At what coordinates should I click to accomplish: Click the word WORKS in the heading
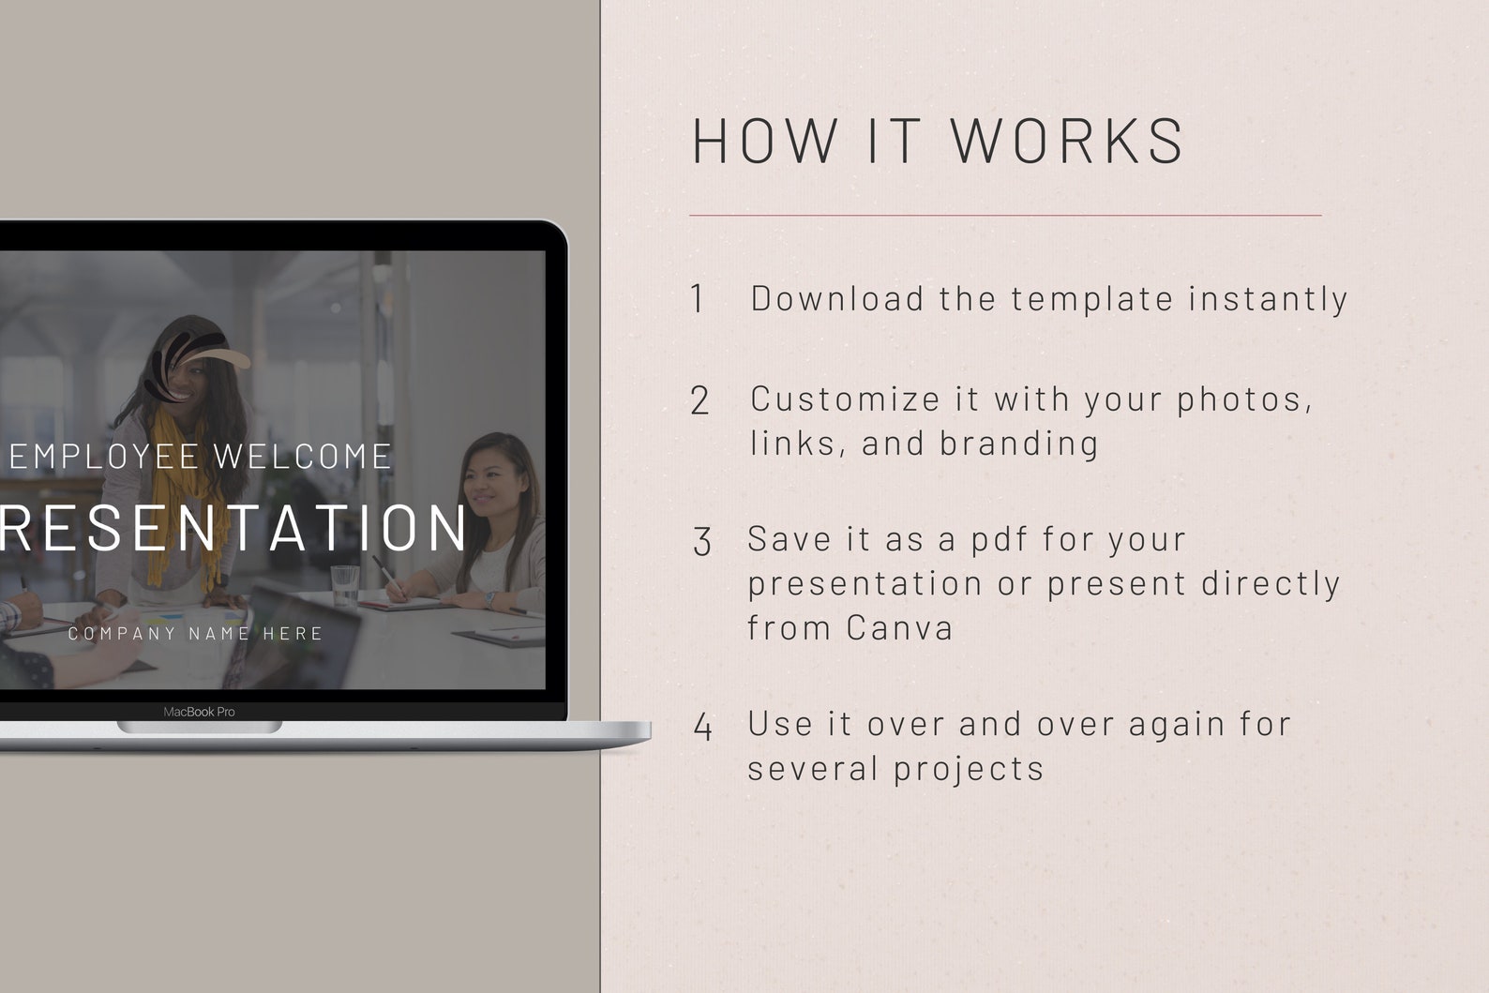coord(1068,141)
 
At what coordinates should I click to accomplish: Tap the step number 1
coord(698,299)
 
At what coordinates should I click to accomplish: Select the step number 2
coord(699,401)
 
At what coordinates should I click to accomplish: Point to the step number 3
coord(702,542)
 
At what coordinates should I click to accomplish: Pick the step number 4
coord(702,727)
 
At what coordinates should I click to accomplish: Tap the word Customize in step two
coord(845,399)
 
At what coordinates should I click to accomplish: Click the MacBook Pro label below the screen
coord(199,712)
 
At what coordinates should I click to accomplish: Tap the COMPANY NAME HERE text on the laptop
coord(195,634)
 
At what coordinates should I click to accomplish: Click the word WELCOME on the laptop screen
coord(302,457)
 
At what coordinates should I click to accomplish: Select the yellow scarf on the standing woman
coord(188,488)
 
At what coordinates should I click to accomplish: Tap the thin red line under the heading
coord(1005,215)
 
